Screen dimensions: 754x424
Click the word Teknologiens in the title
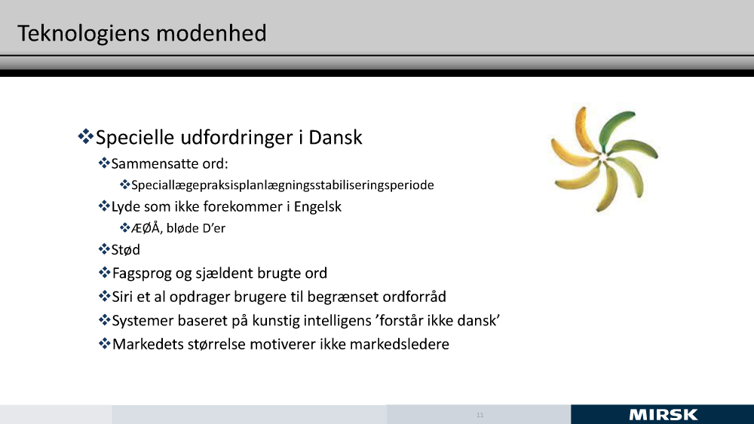84,34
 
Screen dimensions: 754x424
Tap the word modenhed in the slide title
211,33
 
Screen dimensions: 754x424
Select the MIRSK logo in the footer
663,415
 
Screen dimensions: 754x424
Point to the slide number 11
480,415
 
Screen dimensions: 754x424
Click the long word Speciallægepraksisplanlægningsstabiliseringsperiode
282,185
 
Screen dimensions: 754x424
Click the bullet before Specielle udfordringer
86,136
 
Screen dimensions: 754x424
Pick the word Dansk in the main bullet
336,137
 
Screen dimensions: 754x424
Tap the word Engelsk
317,207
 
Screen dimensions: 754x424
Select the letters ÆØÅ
146,227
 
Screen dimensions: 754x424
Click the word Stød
125,250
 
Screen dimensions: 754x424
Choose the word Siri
122,297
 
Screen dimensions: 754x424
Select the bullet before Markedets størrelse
104,344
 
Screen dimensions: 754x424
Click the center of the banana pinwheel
603,157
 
